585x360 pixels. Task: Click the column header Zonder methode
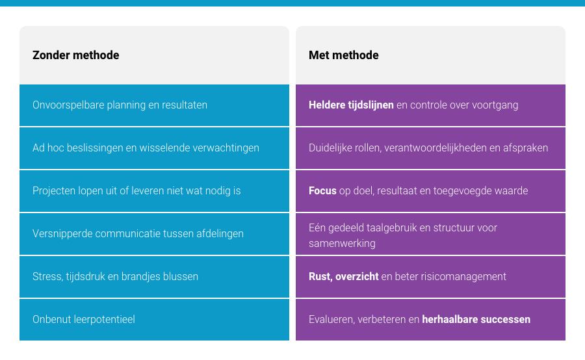(x=76, y=55)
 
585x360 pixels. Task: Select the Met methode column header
(x=344, y=55)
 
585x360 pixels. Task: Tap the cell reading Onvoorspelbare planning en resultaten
(x=154, y=105)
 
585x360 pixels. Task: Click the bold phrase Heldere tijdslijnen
(x=351, y=105)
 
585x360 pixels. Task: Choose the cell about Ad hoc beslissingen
(x=154, y=148)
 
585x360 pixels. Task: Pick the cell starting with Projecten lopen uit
(x=154, y=191)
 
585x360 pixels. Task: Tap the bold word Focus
(x=322, y=190)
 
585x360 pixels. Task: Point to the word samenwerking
(x=342, y=244)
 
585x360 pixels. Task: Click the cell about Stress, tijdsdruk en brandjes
(x=154, y=277)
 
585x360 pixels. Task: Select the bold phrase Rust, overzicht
(x=344, y=276)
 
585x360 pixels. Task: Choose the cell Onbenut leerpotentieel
(x=154, y=320)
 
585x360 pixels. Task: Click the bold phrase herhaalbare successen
(x=476, y=320)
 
